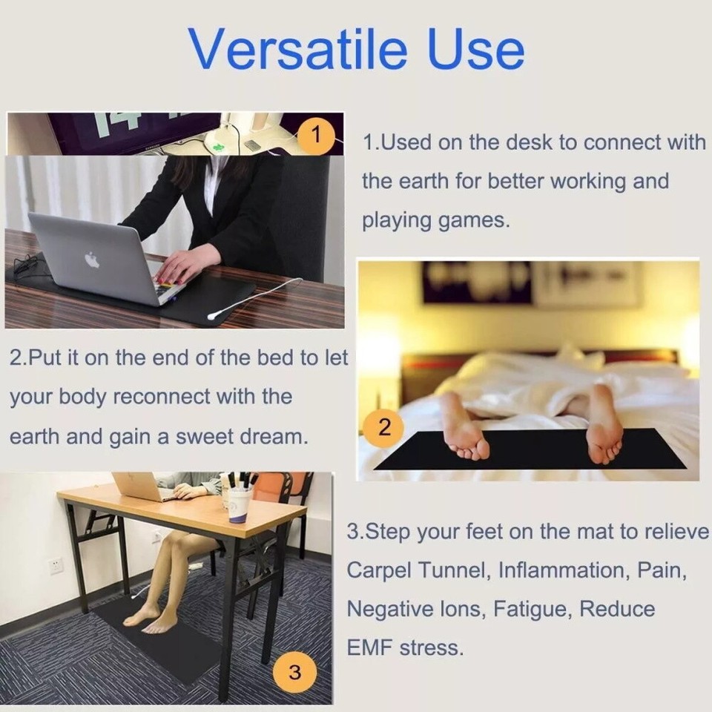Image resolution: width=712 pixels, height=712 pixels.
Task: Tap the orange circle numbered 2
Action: tap(384, 428)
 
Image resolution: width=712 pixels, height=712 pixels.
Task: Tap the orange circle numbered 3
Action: tap(294, 673)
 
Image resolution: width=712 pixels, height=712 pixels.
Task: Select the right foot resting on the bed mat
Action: tap(603, 427)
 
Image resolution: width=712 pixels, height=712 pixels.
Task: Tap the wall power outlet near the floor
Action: tap(56, 565)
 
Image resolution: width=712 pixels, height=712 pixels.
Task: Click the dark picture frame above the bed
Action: tap(477, 283)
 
